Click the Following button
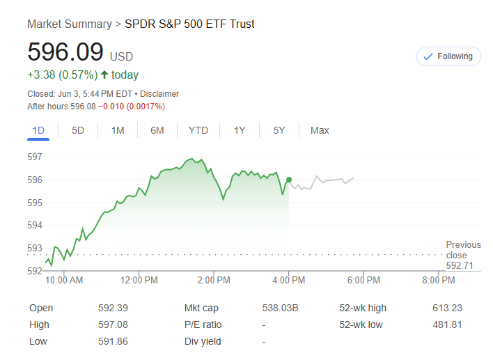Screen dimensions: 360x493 (x=448, y=56)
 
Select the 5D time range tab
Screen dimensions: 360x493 (x=78, y=130)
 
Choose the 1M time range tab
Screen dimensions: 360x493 (x=118, y=130)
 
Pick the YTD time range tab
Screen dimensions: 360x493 (x=198, y=130)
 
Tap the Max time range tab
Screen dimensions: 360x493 (x=320, y=130)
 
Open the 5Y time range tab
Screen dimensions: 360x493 (x=279, y=130)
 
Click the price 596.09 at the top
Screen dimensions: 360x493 (x=65, y=53)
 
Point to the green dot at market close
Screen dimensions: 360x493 (x=289, y=180)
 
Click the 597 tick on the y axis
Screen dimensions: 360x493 (x=35, y=157)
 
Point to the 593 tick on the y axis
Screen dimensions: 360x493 (x=35, y=248)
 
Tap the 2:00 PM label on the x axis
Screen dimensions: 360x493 (x=213, y=280)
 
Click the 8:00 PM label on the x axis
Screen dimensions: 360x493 (x=439, y=280)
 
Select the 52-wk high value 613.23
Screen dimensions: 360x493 (x=447, y=308)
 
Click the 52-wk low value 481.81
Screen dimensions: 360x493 (x=447, y=324)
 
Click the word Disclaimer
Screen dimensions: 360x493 (x=159, y=93)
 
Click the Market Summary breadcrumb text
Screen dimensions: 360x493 (x=69, y=24)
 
